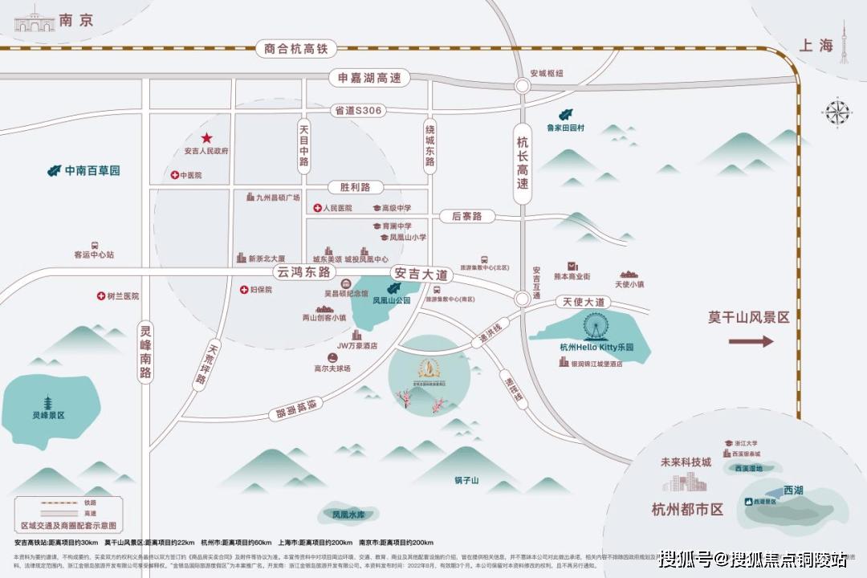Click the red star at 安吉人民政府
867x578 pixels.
point(206,138)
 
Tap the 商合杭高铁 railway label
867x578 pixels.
point(296,49)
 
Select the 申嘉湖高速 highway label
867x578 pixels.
point(368,79)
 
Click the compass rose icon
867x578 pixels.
point(837,112)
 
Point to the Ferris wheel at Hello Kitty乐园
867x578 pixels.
point(596,327)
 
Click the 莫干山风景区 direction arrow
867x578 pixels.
point(751,341)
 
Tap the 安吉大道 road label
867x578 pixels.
point(421,275)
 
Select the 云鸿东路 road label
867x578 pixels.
point(303,272)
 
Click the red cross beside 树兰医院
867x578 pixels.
point(101,296)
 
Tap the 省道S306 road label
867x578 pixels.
point(359,111)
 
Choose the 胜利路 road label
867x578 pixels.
point(355,187)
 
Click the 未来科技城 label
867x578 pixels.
point(686,463)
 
